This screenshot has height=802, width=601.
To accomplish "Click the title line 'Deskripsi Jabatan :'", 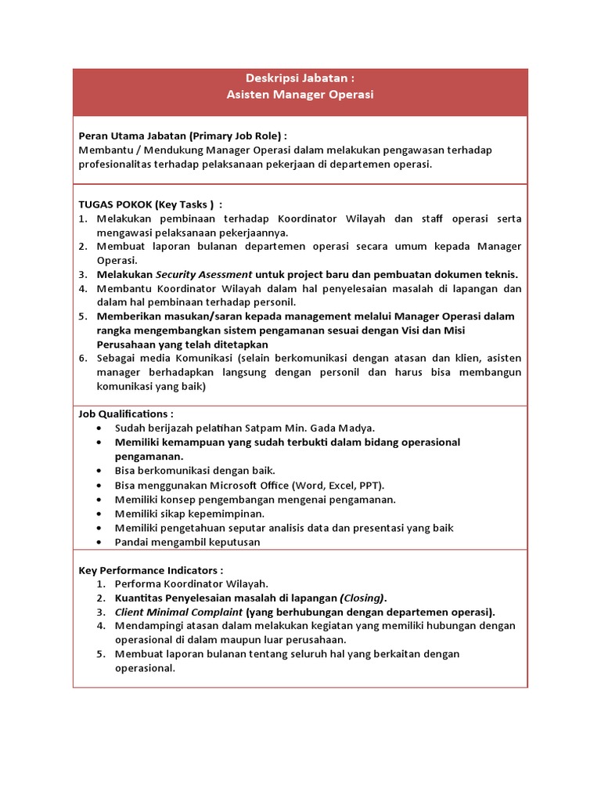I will (x=300, y=78).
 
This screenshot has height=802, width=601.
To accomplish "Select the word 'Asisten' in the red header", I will (x=247, y=95).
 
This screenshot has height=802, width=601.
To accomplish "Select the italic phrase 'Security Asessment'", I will (x=203, y=274).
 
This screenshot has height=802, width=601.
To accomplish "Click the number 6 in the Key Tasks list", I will (x=83, y=358).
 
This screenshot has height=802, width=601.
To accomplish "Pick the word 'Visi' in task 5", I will (x=441, y=331).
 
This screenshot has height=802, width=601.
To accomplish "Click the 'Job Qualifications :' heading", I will (x=126, y=414).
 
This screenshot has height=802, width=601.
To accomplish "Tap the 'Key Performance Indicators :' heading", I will (x=151, y=569).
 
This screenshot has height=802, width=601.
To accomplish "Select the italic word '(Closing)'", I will (x=362, y=598).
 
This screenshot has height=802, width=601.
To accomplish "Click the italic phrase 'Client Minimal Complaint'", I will (x=178, y=612).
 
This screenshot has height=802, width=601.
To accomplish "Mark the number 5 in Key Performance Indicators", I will (x=101, y=654).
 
